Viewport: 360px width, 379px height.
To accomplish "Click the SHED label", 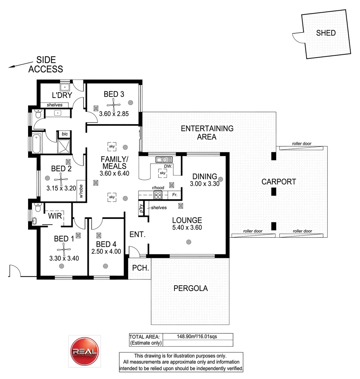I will click(326, 33).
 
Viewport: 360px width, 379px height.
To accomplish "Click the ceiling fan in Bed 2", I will click(61, 179).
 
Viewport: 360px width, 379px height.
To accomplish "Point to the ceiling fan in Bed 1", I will click(64, 250).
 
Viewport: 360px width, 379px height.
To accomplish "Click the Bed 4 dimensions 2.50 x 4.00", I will click(106, 251).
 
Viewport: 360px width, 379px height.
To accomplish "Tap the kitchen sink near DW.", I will click(162, 160).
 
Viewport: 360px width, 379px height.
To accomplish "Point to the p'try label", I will click(141, 209).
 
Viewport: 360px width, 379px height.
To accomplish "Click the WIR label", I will click(55, 215).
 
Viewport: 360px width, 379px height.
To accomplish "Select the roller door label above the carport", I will click(301, 144).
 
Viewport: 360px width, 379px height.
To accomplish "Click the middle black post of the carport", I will click(274, 191).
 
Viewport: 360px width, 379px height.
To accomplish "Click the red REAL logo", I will click(85, 352).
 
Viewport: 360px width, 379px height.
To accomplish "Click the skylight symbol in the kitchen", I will click(162, 173).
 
